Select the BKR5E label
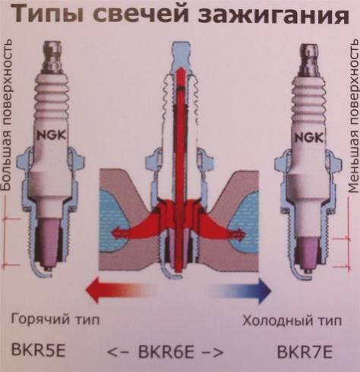coord(39,350)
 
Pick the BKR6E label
coord(166,352)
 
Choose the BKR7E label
coord(305,352)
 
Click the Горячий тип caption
coord(55,320)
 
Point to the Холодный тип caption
coord(292,321)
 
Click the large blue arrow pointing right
coord(239,291)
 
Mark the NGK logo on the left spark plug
coord(52,135)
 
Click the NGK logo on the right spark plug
coord(309,138)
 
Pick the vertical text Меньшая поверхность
coord(354,115)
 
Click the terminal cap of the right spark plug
coord(308,58)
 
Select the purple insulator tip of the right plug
coord(308,252)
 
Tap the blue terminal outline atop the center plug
coord(180,55)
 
